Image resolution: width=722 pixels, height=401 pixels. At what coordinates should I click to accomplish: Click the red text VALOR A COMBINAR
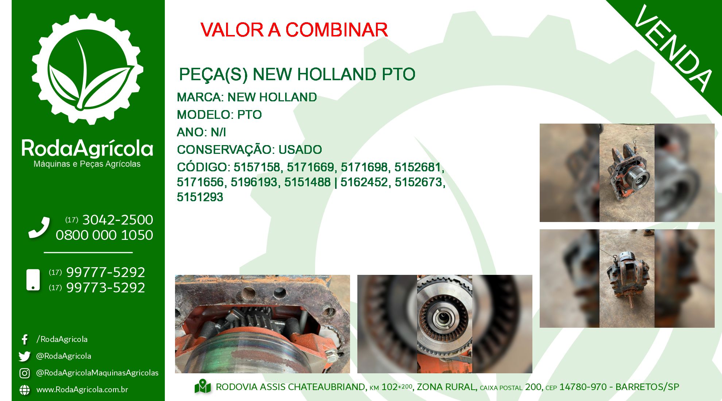pyautogui.click(x=294, y=30)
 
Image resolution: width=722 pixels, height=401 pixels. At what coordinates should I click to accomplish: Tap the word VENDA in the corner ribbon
pyautogui.click(x=673, y=48)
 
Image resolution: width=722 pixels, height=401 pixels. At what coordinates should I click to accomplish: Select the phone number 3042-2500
pyautogui.click(x=117, y=220)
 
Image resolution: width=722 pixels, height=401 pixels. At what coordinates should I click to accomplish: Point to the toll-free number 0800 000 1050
pyautogui.click(x=104, y=235)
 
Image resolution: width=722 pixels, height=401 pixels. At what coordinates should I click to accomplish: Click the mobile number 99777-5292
pyautogui.click(x=105, y=272)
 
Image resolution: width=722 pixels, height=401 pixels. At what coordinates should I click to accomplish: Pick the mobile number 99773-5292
pyautogui.click(x=105, y=288)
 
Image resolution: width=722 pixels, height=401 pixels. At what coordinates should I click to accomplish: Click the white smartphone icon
pyautogui.click(x=33, y=280)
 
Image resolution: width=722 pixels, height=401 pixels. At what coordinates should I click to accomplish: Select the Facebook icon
pyautogui.click(x=25, y=339)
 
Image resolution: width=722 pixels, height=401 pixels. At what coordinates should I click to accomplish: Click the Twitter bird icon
pyautogui.click(x=24, y=356)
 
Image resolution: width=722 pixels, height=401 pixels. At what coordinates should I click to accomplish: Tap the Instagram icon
pyautogui.click(x=24, y=373)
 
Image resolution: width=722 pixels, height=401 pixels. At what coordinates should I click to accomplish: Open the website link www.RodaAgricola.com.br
pyautogui.click(x=82, y=390)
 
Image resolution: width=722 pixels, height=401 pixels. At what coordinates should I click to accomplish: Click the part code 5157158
pyautogui.click(x=257, y=167)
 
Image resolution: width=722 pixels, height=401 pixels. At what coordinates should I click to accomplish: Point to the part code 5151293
pyautogui.click(x=200, y=197)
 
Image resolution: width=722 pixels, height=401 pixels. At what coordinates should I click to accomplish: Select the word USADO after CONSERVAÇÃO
pyautogui.click(x=300, y=149)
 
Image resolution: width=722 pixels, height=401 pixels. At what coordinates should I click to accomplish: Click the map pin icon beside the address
pyautogui.click(x=203, y=387)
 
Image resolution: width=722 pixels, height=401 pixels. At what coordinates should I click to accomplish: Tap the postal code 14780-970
pyautogui.click(x=583, y=387)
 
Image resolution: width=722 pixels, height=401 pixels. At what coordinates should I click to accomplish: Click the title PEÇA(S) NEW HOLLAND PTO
pyautogui.click(x=297, y=74)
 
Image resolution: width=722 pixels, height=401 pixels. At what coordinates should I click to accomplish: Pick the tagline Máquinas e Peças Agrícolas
pyautogui.click(x=87, y=164)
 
